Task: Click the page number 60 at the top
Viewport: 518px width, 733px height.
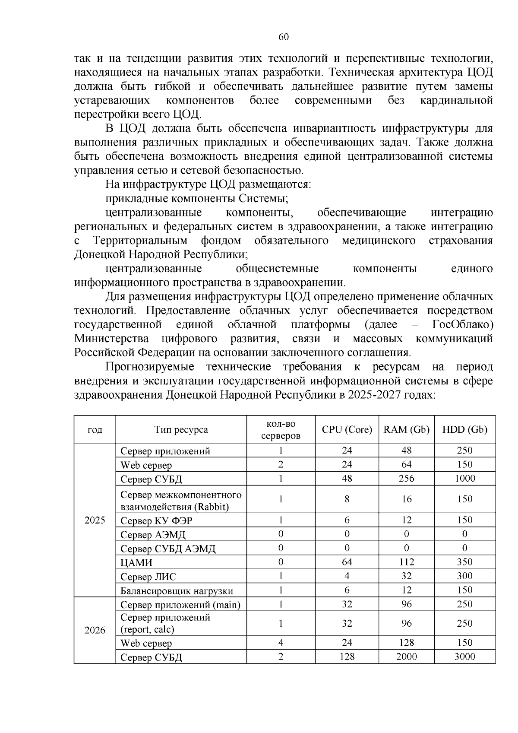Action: tap(284, 37)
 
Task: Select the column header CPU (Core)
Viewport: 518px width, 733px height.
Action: tap(347, 429)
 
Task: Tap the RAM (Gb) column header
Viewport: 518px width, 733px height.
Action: tap(406, 429)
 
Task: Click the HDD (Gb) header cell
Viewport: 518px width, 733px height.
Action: tap(464, 429)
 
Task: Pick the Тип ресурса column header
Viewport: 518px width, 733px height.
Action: tap(181, 429)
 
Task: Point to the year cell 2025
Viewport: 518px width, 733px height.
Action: tap(95, 520)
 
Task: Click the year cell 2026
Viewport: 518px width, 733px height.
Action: tap(95, 630)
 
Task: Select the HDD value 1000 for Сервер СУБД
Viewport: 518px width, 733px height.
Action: tap(464, 479)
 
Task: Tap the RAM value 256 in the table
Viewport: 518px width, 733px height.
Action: tap(406, 479)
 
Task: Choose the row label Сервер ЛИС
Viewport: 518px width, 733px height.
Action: tap(148, 577)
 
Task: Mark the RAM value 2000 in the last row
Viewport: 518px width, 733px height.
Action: tap(406, 657)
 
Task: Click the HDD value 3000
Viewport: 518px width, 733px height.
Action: tap(464, 657)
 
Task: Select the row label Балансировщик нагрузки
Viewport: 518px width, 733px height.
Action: tap(177, 591)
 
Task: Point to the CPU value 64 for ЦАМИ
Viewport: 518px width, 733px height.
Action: tap(347, 562)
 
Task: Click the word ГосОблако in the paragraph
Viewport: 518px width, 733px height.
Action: tap(462, 324)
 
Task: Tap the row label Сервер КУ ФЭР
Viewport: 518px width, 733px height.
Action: tap(156, 521)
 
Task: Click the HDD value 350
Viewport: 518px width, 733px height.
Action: tap(464, 562)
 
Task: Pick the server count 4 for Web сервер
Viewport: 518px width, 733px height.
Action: tap(281, 643)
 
